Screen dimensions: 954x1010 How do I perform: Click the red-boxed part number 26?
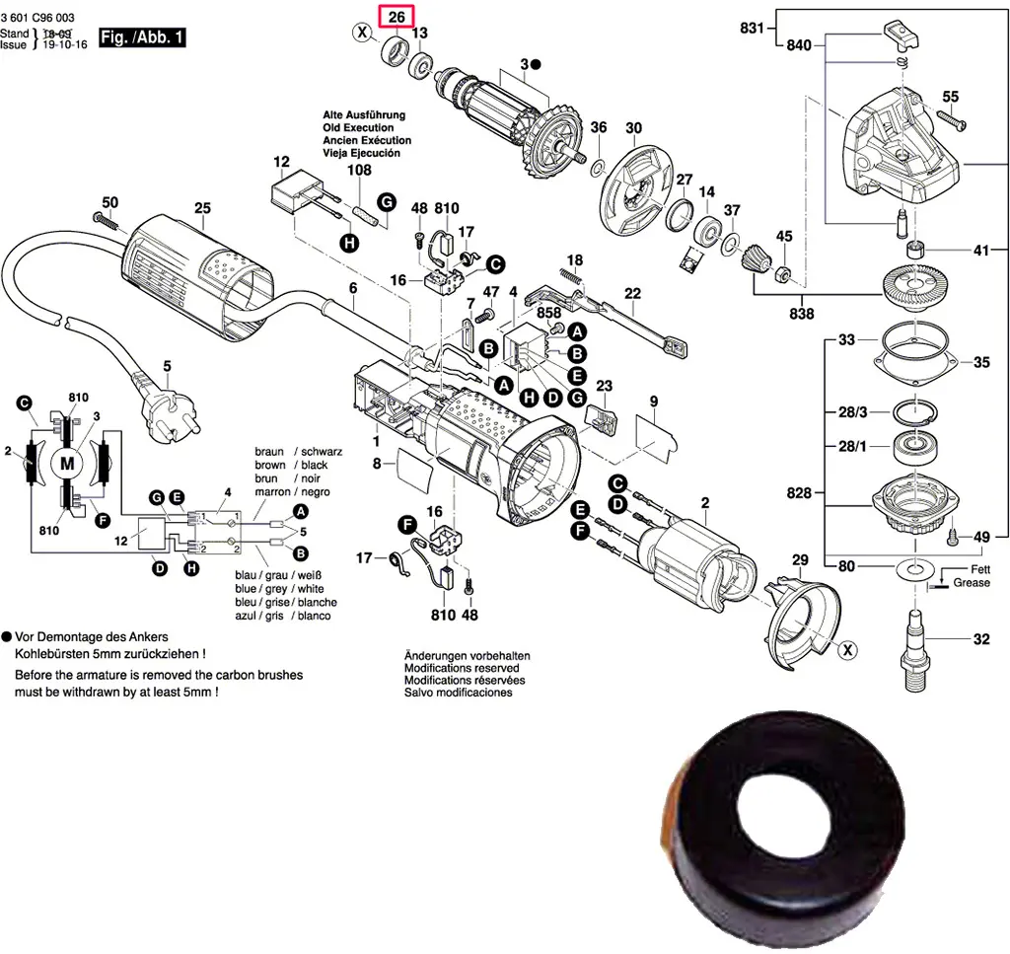(x=397, y=17)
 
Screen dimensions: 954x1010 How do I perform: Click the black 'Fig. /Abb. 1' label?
(x=143, y=38)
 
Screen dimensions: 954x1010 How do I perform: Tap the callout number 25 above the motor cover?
(x=202, y=208)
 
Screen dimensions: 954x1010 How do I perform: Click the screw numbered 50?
(x=104, y=217)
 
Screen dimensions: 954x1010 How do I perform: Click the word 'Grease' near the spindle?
(x=972, y=583)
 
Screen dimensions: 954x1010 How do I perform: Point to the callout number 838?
(x=802, y=314)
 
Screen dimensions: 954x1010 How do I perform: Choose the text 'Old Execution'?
(x=358, y=127)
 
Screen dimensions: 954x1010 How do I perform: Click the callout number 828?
(x=799, y=491)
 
